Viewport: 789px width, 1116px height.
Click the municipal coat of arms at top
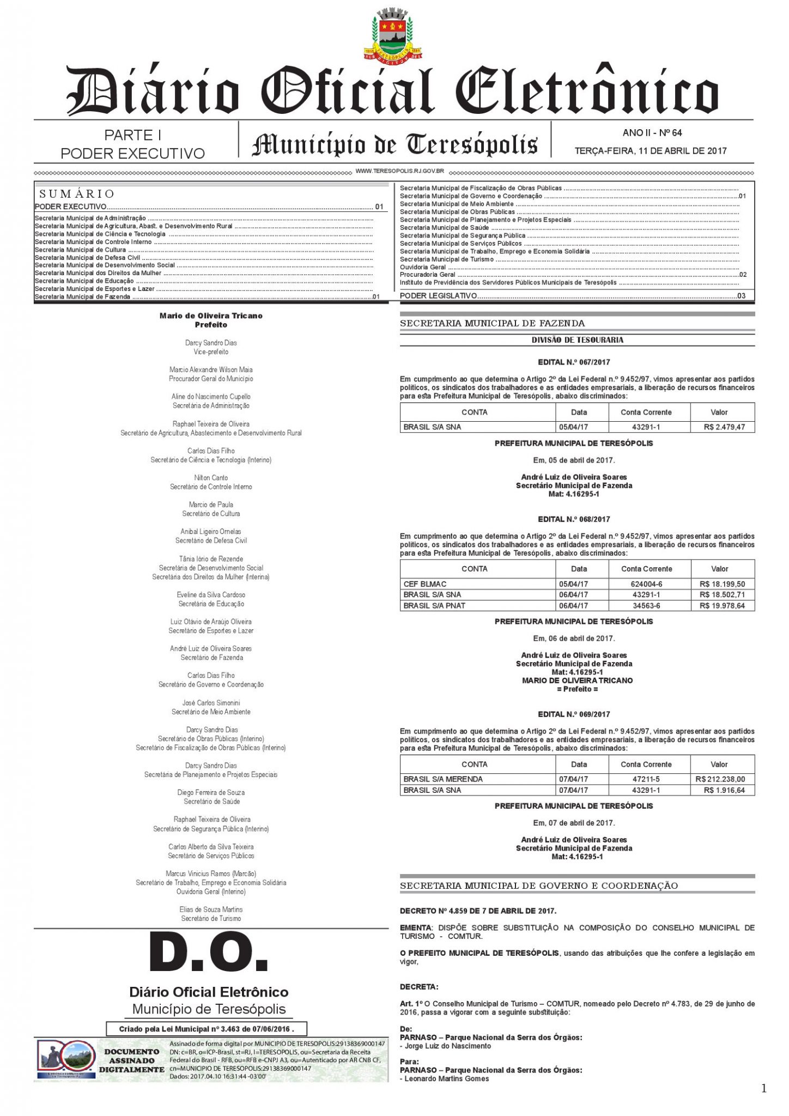[x=393, y=34]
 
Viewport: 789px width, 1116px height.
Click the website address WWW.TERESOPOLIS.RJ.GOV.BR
[x=399, y=171]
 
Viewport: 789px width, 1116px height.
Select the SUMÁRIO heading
[x=77, y=194]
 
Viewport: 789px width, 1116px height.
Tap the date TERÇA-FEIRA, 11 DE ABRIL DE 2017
[x=651, y=151]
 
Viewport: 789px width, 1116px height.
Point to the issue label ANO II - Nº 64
[x=652, y=132]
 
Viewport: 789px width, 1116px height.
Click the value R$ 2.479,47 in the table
[x=724, y=427]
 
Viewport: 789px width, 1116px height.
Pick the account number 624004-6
[x=646, y=584]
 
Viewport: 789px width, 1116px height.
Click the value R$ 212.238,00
[x=720, y=779]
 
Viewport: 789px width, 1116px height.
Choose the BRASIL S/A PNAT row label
[x=434, y=605]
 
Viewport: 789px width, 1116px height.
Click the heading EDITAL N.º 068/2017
[x=574, y=519]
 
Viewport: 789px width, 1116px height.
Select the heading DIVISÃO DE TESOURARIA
[x=578, y=340]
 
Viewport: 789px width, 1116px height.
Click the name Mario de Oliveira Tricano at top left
[x=211, y=316]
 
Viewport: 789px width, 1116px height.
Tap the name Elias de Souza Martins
[x=211, y=909]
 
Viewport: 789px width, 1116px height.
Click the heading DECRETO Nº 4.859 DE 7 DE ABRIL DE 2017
[x=478, y=911]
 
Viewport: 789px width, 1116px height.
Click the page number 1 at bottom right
[x=763, y=1088]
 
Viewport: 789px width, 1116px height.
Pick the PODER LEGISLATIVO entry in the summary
[x=439, y=295]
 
